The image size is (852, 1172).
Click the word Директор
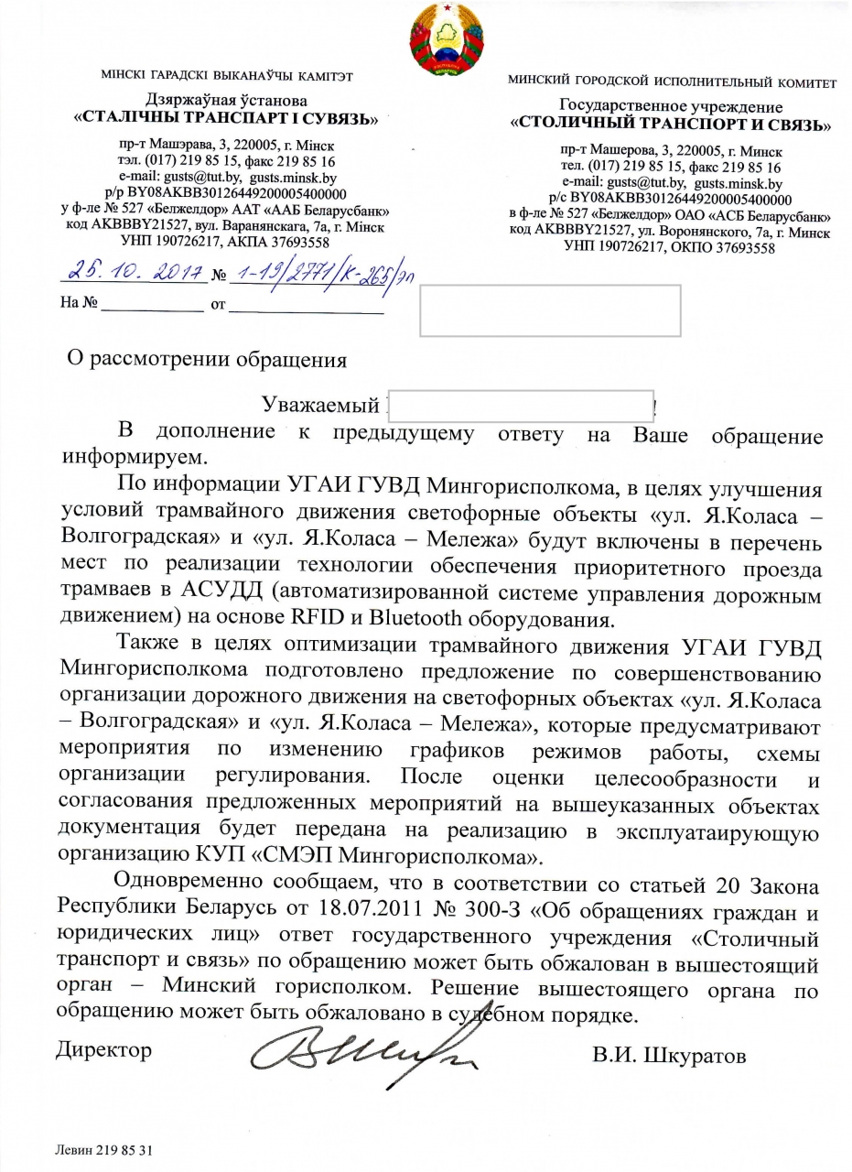pos(103,1049)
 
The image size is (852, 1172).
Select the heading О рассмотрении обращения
pos(209,358)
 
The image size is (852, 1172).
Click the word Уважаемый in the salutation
pos(320,406)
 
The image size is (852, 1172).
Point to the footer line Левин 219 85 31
pos(103,1147)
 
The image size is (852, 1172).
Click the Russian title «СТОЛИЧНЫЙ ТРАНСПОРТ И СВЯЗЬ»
pos(671,125)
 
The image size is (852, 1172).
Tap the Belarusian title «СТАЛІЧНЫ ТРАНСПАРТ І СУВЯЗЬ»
pos(227,117)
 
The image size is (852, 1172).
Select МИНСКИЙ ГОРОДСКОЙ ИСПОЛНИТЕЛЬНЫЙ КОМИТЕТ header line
pos(672,82)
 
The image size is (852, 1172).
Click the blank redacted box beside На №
pos(550,310)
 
